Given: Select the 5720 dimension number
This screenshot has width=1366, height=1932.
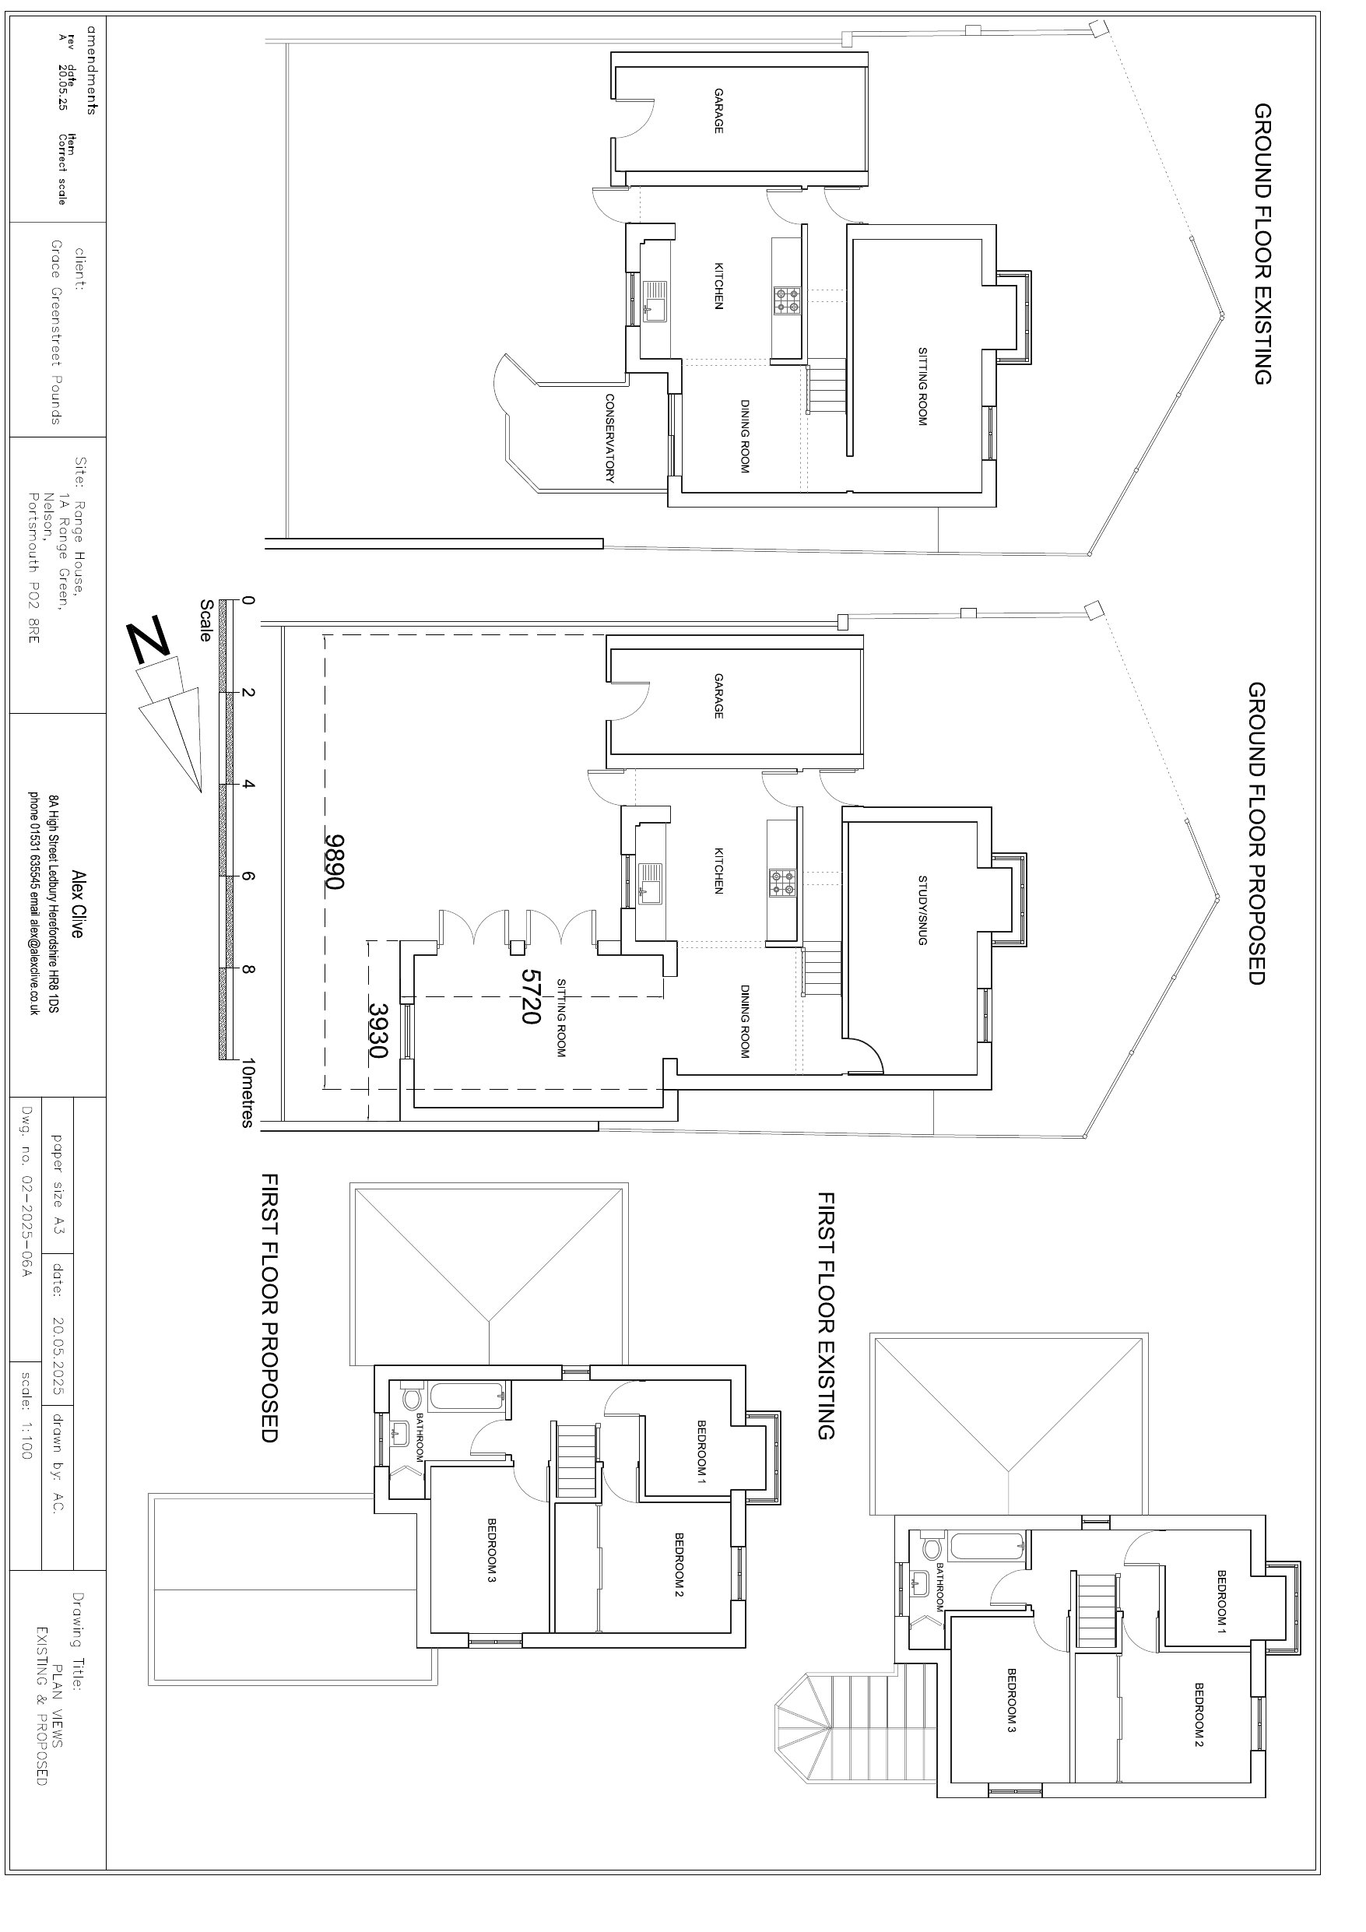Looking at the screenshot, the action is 529,996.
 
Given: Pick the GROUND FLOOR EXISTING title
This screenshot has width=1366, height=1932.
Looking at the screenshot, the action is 1262,244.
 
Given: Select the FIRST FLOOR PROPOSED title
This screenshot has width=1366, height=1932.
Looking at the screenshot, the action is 269,1308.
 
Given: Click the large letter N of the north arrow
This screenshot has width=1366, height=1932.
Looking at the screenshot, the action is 149,641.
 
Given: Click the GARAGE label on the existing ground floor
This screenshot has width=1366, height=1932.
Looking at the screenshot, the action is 718,111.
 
